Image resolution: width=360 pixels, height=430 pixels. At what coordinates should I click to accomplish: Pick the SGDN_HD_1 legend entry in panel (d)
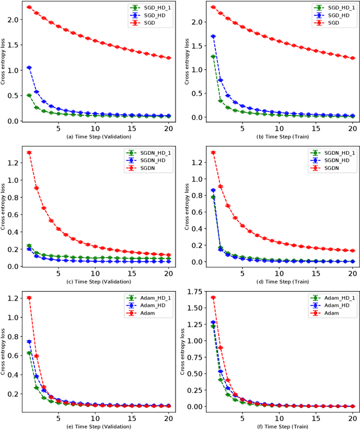[x=334, y=153]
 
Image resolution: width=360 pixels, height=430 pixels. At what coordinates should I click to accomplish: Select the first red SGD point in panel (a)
[x=29, y=7]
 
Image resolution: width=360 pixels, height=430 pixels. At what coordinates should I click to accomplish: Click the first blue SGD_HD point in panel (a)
[x=29, y=68]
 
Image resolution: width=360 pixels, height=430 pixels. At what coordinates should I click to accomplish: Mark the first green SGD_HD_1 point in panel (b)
[x=213, y=57]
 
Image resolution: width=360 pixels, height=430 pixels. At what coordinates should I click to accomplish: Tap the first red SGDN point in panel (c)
[x=29, y=153]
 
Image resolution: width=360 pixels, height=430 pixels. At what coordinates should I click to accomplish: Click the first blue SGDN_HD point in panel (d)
[x=213, y=190]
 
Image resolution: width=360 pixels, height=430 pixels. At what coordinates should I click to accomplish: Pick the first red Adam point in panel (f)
[x=213, y=297]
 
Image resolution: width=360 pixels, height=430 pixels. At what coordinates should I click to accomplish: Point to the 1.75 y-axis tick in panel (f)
[x=194, y=292]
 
